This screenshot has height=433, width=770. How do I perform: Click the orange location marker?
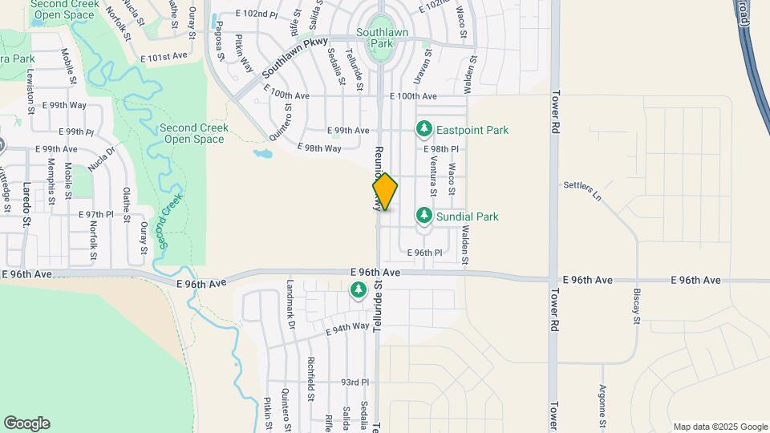coord(385,192)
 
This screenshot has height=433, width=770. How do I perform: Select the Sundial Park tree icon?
coord(423,216)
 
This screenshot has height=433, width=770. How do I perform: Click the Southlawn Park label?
coord(383,38)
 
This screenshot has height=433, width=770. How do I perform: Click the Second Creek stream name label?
coord(171,219)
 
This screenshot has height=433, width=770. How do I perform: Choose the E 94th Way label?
coord(347,327)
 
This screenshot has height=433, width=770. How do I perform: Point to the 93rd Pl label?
coord(354,382)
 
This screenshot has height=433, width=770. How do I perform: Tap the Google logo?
coord(26,423)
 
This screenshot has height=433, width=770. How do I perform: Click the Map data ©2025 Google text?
coord(719,427)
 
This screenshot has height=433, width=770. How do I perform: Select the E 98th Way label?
coord(318,148)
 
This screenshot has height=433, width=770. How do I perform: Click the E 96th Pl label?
coord(424,253)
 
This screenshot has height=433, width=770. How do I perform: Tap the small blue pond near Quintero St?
coord(261,152)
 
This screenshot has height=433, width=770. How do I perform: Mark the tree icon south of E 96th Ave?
coord(359,293)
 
